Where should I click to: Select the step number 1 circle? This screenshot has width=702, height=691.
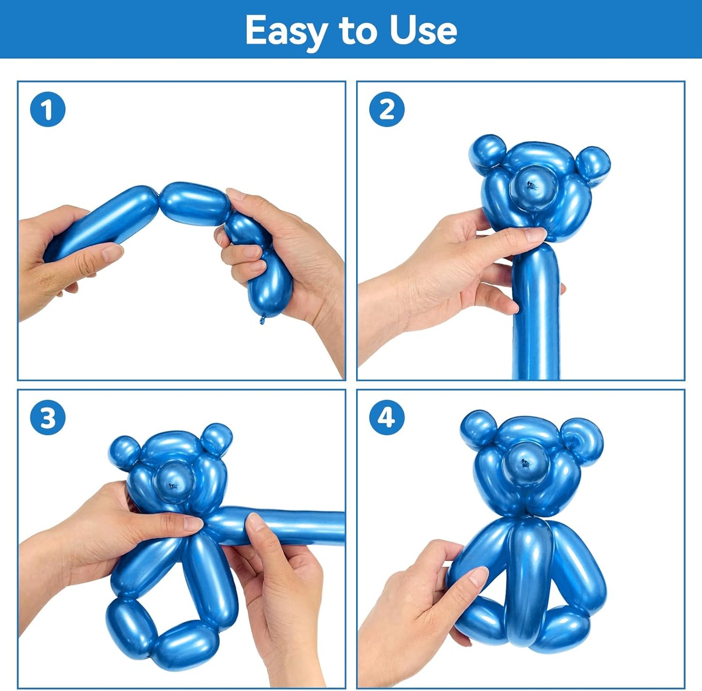48,109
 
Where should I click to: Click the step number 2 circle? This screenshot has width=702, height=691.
387,109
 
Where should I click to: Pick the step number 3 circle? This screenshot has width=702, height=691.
48,417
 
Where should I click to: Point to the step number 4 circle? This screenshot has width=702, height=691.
387,417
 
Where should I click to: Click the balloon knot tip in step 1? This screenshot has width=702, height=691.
263,320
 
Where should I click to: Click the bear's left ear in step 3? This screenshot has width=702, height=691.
124,451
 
